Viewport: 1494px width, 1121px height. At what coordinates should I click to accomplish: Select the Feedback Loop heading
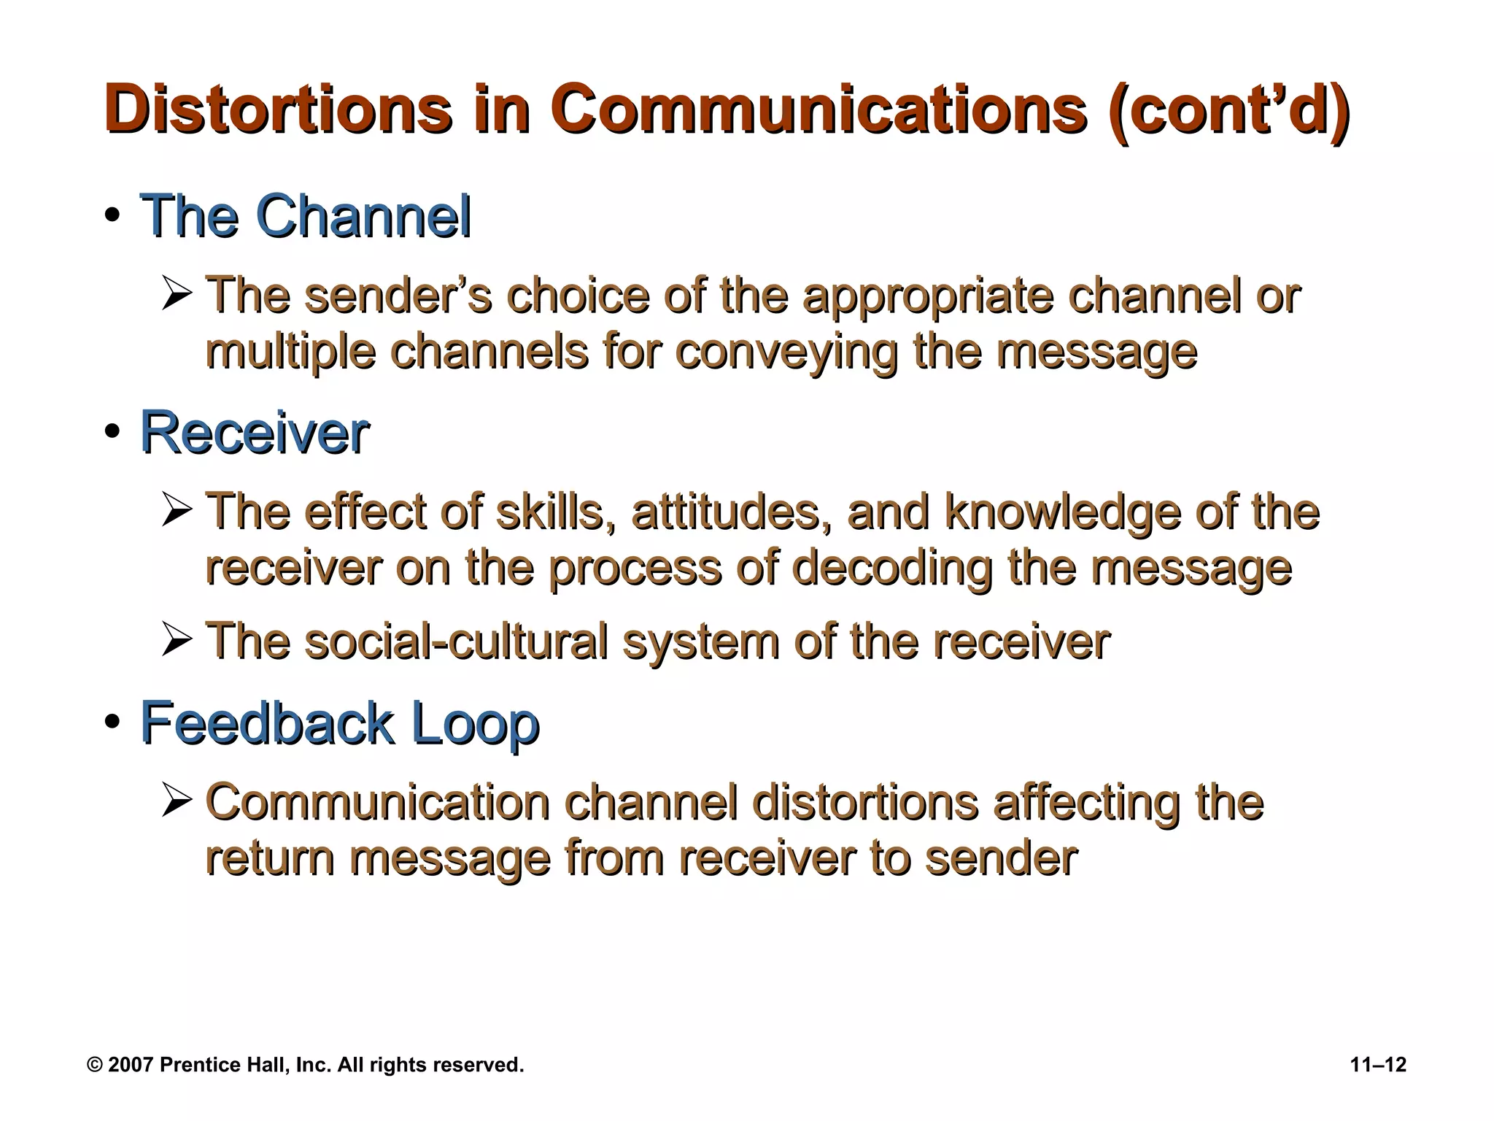click(339, 723)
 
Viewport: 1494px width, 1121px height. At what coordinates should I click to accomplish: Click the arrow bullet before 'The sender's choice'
click(177, 296)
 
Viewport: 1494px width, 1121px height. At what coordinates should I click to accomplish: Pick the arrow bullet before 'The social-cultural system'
click(177, 641)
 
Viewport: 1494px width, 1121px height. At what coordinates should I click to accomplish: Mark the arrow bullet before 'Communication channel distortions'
click(177, 801)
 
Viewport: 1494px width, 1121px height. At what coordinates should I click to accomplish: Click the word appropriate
click(927, 297)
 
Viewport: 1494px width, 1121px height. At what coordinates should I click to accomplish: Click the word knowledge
click(1061, 512)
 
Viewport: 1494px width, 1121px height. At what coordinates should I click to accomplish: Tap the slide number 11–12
click(1378, 1065)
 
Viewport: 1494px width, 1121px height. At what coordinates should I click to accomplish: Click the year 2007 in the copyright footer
click(131, 1065)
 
